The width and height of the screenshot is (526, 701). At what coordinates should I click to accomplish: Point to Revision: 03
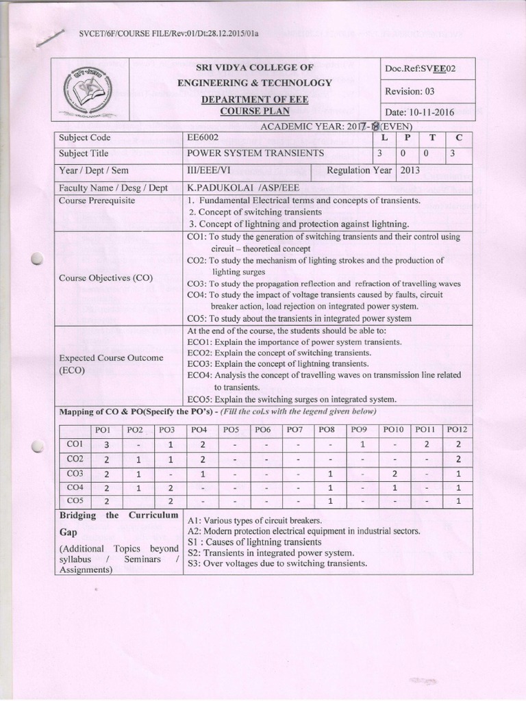tap(410, 91)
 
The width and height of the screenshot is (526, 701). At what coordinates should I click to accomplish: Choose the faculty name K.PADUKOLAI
tap(220, 187)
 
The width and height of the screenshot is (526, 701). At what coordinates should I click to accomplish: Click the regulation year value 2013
tap(411, 170)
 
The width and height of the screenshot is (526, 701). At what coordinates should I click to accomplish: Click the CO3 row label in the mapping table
tap(75, 473)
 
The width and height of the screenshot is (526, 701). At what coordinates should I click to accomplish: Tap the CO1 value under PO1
tap(106, 444)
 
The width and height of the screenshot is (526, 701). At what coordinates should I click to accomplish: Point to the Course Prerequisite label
tap(97, 201)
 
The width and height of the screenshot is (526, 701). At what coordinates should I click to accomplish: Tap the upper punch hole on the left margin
tap(37, 259)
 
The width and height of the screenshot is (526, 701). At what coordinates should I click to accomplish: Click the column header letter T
tap(432, 138)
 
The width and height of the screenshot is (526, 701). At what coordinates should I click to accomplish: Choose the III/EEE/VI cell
tap(210, 170)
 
